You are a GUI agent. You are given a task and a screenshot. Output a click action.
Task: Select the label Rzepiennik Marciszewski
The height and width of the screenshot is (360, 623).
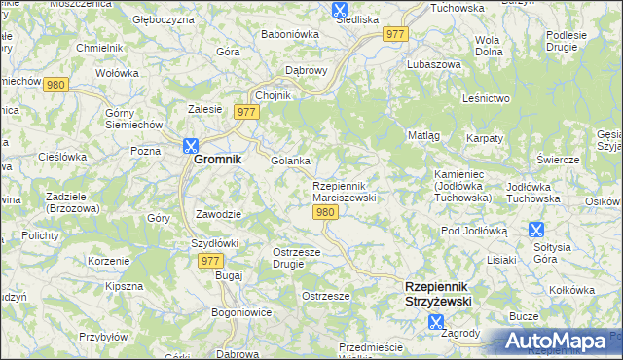coord(343,192)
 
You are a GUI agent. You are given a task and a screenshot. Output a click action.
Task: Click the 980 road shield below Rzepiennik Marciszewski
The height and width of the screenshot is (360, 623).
coord(326,213)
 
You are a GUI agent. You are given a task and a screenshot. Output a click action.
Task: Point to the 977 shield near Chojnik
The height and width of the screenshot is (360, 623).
coord(245,113)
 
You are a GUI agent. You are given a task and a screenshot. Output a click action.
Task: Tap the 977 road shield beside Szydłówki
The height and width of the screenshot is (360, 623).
coord(210,261)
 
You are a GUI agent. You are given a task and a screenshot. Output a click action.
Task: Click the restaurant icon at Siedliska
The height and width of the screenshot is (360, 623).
coord(339,10)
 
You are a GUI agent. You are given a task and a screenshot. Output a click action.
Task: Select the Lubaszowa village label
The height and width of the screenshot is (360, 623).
coord(435,63)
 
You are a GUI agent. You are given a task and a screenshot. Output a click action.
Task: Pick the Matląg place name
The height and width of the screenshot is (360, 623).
coord(423,135)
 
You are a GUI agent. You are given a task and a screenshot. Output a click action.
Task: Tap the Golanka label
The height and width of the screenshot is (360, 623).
coord(290,161)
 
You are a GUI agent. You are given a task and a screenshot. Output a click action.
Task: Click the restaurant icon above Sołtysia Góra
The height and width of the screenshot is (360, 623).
coord(535,230)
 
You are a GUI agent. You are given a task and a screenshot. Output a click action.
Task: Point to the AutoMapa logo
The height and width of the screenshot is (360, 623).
coord(556,342)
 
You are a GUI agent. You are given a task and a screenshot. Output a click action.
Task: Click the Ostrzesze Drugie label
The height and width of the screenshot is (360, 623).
coord(290,258)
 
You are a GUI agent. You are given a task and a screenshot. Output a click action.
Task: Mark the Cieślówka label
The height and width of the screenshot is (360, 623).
coord(63,157)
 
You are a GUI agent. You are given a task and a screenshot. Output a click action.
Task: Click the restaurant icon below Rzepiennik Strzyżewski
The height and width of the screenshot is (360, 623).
coord(435,318)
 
